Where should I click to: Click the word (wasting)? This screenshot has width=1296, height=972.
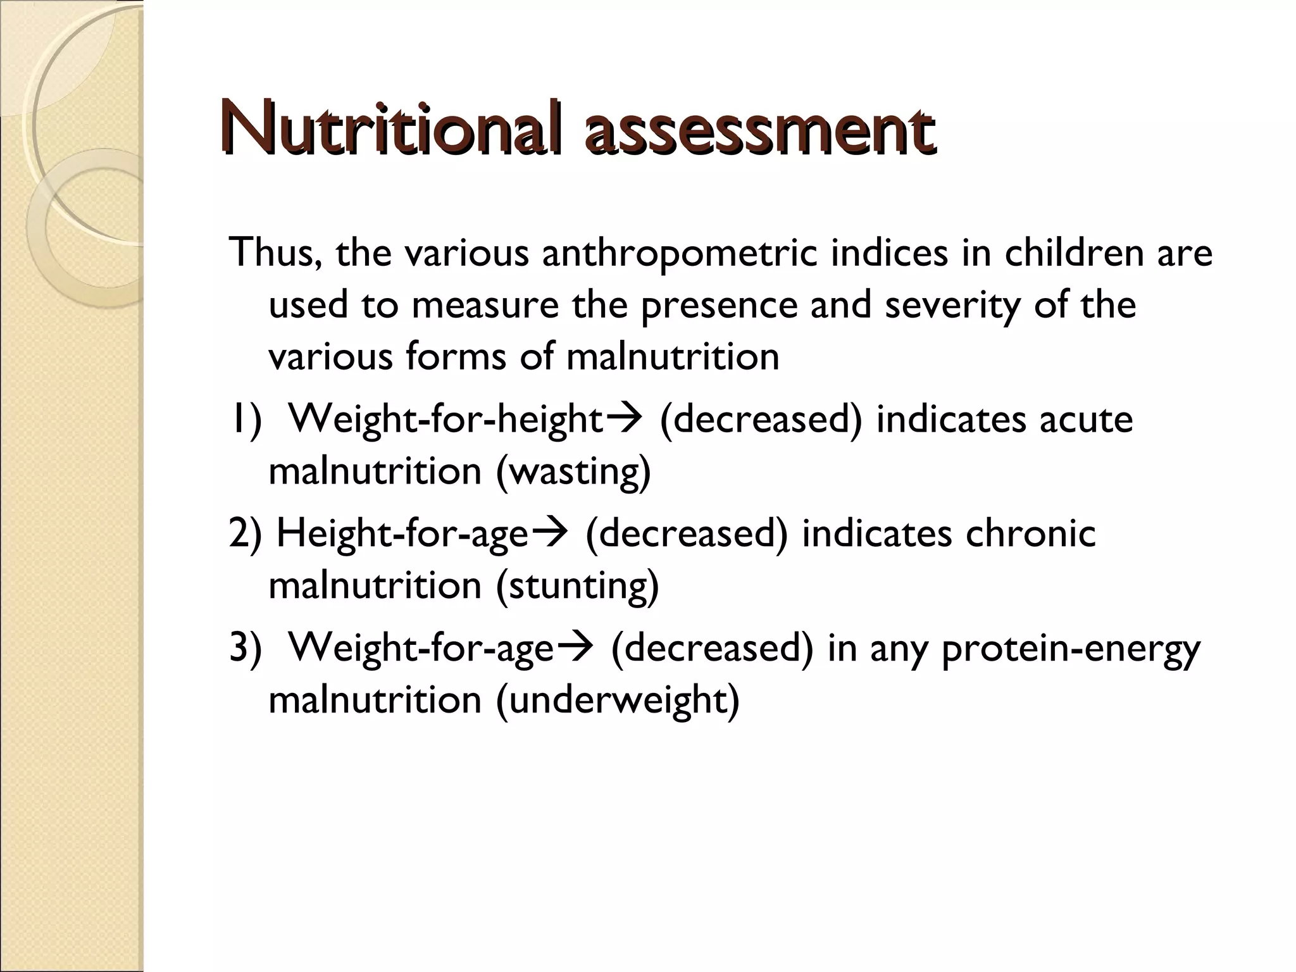573,472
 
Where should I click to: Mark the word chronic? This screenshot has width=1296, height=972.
1031,533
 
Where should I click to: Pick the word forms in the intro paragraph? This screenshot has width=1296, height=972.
456,357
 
